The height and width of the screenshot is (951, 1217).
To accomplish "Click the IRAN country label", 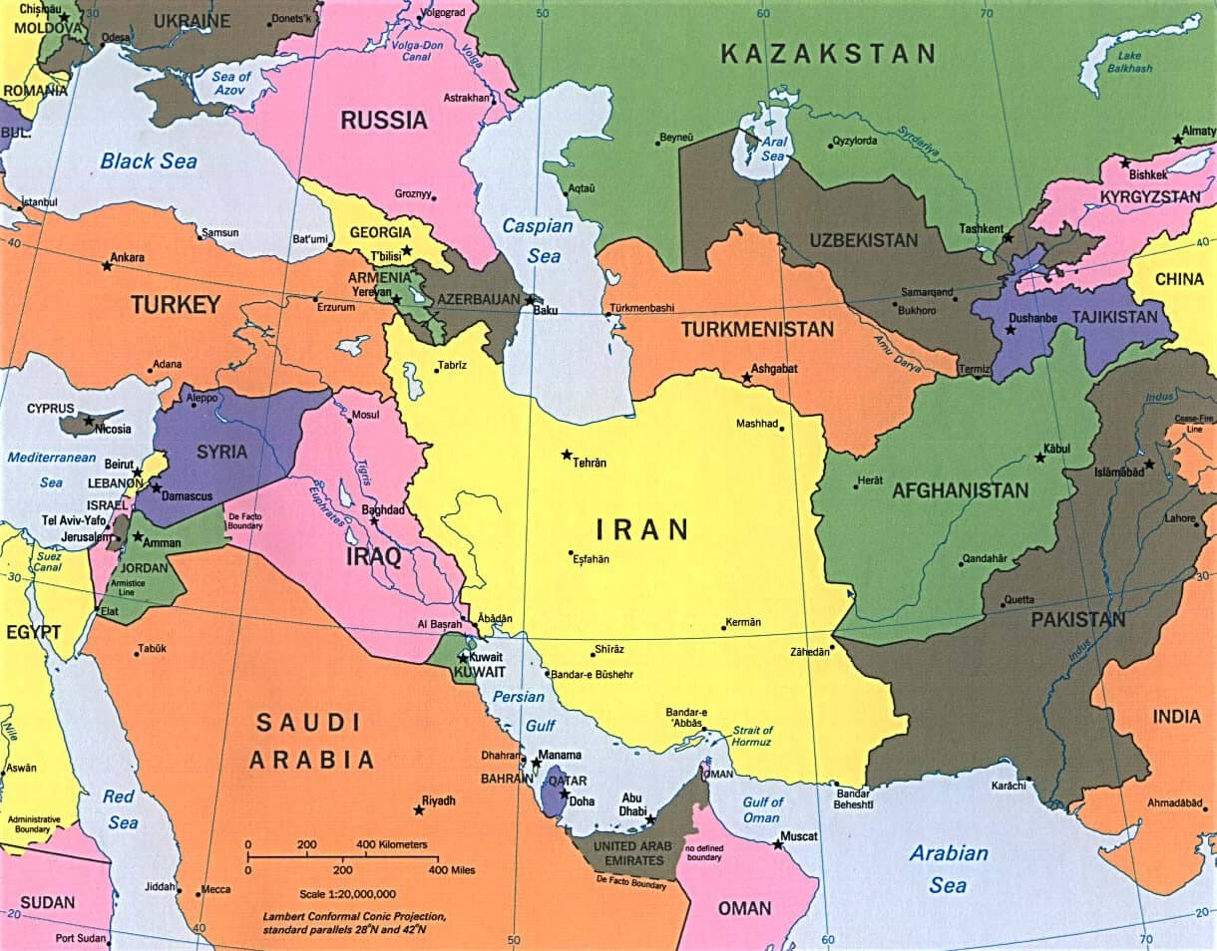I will coord(642,528).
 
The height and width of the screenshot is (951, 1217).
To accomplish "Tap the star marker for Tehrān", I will coord(567,455).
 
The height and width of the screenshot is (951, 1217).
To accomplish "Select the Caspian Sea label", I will coord(539,240).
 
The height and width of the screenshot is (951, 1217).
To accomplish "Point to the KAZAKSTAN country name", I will coord(828,54).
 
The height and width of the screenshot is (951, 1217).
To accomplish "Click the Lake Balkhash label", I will coord(1133,61).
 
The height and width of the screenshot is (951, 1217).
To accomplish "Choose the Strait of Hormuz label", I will coord(752,737).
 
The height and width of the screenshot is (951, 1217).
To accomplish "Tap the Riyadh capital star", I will coord(418,809).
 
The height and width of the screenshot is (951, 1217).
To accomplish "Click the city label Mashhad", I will coord(756,424).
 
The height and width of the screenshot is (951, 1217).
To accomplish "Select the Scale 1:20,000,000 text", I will coord(347,894).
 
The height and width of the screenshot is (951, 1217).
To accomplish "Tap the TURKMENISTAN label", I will coord(757,329).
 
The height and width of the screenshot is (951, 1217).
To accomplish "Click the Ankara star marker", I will coord(107,266).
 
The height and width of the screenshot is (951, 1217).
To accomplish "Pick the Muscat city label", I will coord(799,835).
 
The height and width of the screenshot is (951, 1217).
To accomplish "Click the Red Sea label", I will coord(120,809).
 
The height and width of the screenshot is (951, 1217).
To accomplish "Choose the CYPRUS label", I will coord(50,409).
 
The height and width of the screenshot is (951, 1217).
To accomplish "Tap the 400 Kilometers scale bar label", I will coord(391,844).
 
